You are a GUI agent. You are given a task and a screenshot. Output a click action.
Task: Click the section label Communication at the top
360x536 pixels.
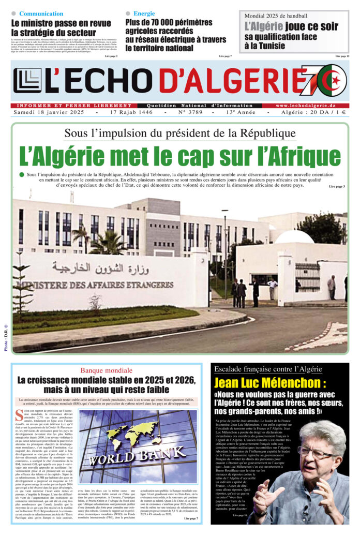[x=41, y=13]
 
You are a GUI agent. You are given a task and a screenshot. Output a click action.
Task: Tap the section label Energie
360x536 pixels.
[x=144, y=13]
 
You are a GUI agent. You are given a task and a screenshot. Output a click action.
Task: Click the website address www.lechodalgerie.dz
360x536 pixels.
[x=305, y=106]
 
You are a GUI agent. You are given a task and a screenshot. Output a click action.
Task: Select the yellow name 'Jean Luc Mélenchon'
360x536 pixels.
[x=270, y=383]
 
